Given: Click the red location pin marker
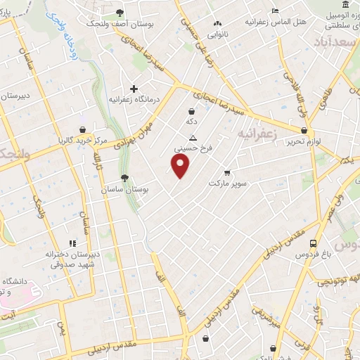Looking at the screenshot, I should tap(181, 166).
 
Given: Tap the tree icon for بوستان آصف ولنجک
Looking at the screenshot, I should tap(120, 12).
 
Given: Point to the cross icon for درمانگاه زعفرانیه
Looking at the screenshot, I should tap(134, 89).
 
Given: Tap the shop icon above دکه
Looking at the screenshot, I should tap(191, 111).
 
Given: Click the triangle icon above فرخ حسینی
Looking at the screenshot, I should tap(193, 139).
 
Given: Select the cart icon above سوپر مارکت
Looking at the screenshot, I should tap(226, 172).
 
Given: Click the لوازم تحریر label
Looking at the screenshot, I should tap(328, 141).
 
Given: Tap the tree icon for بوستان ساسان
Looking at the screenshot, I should tap(124, 179).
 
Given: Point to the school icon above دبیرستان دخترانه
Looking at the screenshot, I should tap(73, 243).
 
